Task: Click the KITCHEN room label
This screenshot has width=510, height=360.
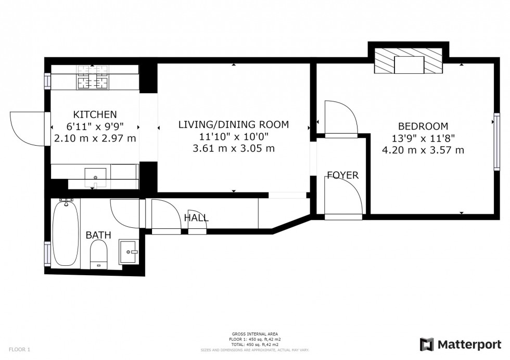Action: [95, 114]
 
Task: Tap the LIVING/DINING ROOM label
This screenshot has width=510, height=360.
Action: [233, 125]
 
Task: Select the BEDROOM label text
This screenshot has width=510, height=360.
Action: [423, 126]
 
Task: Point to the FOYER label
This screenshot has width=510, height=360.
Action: [342, 175]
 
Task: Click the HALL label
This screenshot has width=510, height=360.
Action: [197, 218]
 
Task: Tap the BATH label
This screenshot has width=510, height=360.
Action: [98, 235]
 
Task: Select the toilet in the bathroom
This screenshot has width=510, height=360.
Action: [98, 255]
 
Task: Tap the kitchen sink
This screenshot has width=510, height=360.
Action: [95, 175]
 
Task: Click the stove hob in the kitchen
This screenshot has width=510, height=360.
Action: [93, 77]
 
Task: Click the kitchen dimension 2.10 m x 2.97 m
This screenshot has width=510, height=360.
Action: [95, 138]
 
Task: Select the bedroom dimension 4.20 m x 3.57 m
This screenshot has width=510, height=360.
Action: [423, 150]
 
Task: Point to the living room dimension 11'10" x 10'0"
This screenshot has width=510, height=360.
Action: [233, 137]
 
